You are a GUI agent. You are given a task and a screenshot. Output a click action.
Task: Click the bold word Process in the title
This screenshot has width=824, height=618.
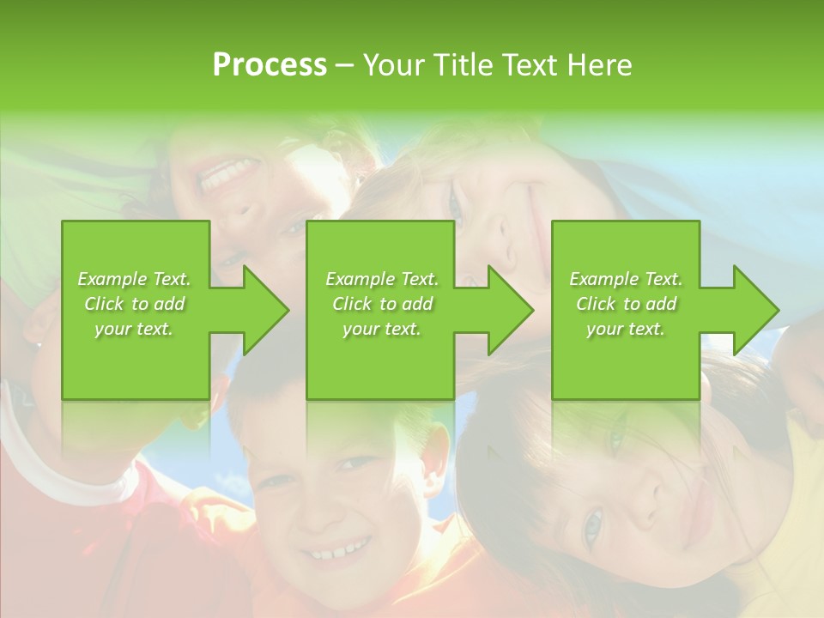click(270, 65)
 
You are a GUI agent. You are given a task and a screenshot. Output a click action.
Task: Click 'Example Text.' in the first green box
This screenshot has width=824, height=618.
click(134, 279)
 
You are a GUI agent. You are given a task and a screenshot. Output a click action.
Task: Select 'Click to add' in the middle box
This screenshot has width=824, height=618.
click(382, 304)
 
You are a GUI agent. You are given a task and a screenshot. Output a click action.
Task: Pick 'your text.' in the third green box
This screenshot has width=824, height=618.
click(625, 329)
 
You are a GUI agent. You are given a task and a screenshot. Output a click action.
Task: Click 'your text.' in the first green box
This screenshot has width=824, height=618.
click(134, 329)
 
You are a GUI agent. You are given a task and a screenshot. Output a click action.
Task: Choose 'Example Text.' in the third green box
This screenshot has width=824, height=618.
click(625, 279)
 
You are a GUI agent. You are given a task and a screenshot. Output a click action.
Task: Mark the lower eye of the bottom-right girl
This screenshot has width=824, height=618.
click(592, 525)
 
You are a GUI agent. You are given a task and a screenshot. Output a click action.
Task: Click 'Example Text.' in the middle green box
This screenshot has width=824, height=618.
click(382, 279)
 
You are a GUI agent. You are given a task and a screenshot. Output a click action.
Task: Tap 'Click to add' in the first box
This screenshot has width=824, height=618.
click(134, 304)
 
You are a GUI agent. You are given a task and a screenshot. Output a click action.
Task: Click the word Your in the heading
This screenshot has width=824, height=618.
click(395, 65)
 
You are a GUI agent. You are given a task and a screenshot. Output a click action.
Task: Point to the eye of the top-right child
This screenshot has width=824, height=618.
click(455, 202)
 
